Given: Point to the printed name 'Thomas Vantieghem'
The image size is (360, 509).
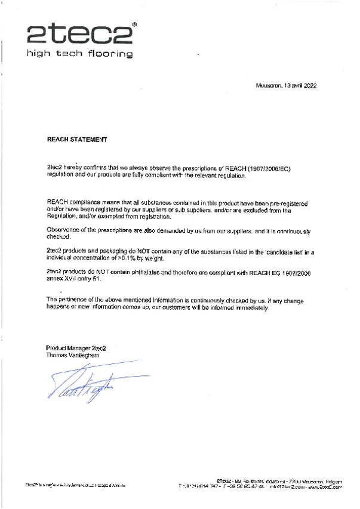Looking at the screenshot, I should (x=74, y=355).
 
